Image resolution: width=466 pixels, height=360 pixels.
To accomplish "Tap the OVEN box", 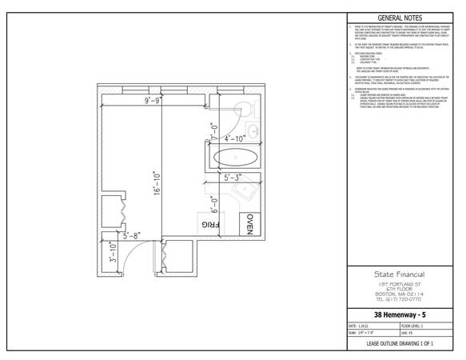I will [250, 226].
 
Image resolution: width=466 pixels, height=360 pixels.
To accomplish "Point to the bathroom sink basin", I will [252, 132].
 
